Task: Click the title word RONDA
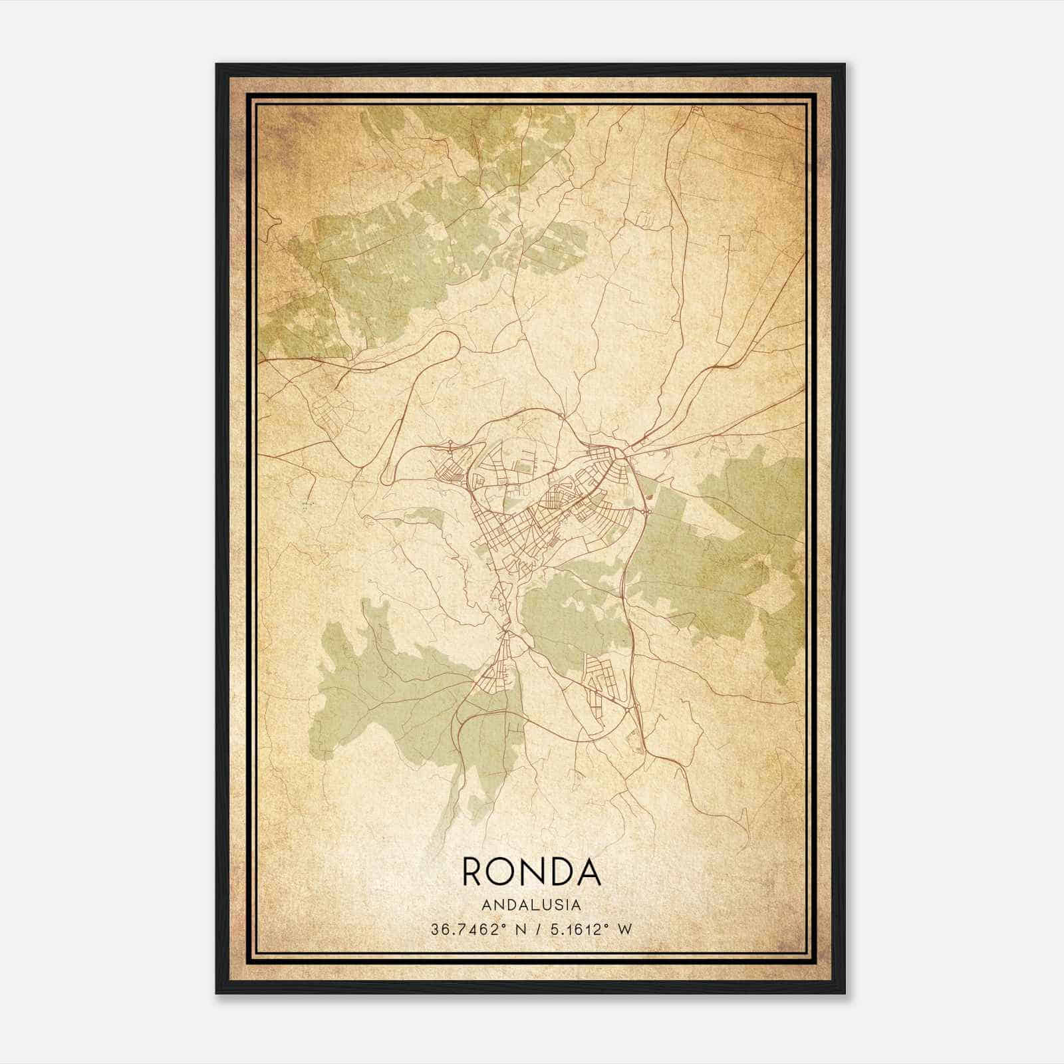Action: pyautogui.click(x=531, y=872)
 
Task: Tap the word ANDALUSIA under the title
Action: pyautogui.click(x=531, y=905)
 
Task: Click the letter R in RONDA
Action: pyautogui.click(x=473, y=872)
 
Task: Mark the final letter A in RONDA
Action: pyautogui.click(x=589, y=872)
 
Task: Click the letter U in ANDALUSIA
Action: pyautogui.click(x=545, y=905)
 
